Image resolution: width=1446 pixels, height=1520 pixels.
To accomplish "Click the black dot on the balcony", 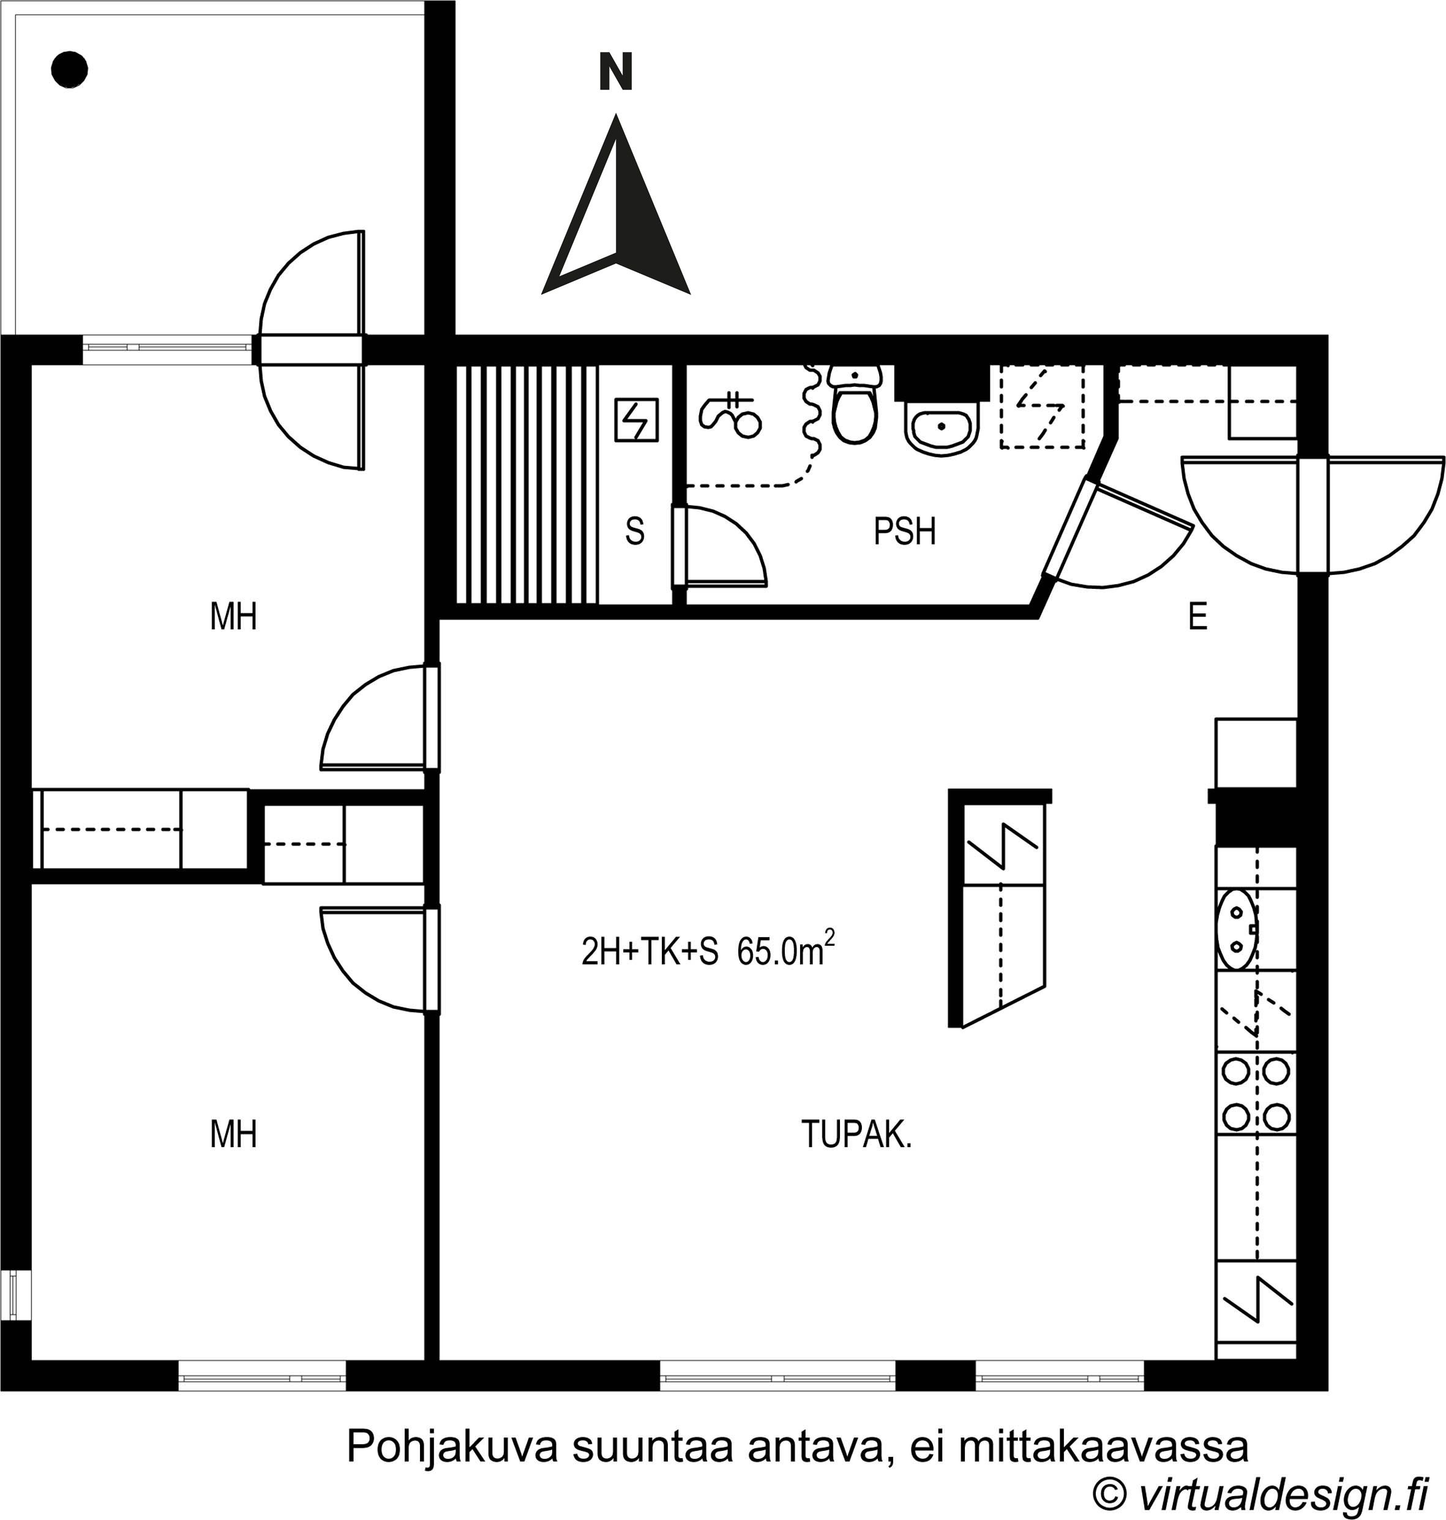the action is [x=69, y=69].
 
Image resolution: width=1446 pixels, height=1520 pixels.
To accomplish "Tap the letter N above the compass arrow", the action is [x=616, y=72].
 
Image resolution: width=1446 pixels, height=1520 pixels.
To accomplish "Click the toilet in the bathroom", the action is [x=854, y=404].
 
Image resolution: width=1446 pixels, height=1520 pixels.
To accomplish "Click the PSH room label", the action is [x=904, y=531].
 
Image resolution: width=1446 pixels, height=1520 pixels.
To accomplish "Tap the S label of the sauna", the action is [x=634, y=531].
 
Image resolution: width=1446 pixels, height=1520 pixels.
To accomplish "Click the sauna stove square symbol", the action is [x=636, y=420].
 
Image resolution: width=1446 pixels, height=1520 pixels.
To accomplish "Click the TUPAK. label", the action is [x=856, y=1134].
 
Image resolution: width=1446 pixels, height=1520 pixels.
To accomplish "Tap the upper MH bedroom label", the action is [x=233, y=616].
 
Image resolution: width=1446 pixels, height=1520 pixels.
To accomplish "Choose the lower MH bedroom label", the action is [x=233, y=1134].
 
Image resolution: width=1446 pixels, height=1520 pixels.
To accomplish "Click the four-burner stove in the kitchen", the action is [x=1256, y=1095].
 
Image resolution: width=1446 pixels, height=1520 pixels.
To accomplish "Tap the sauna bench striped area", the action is [x=527, y=485].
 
